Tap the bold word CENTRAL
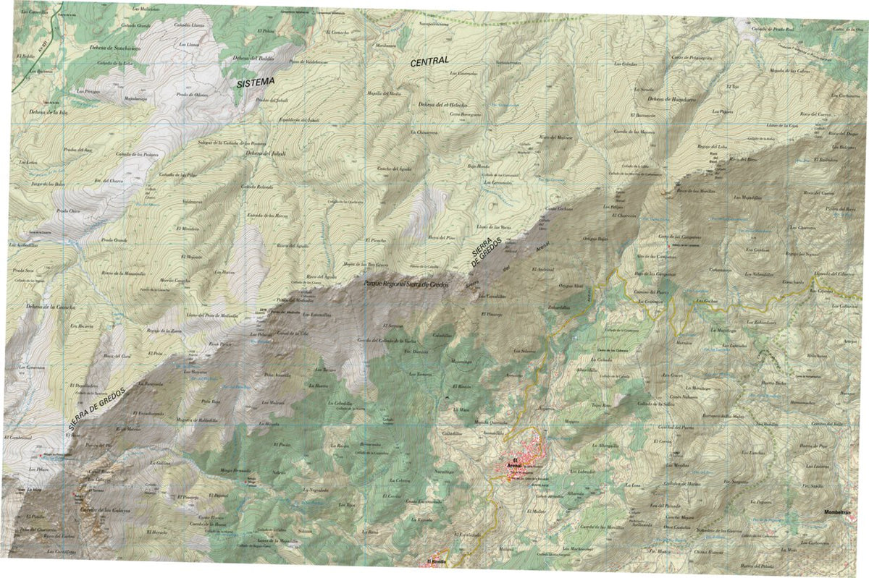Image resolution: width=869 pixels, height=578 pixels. point(429,61)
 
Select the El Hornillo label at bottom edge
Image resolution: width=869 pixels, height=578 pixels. point(438,562)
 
